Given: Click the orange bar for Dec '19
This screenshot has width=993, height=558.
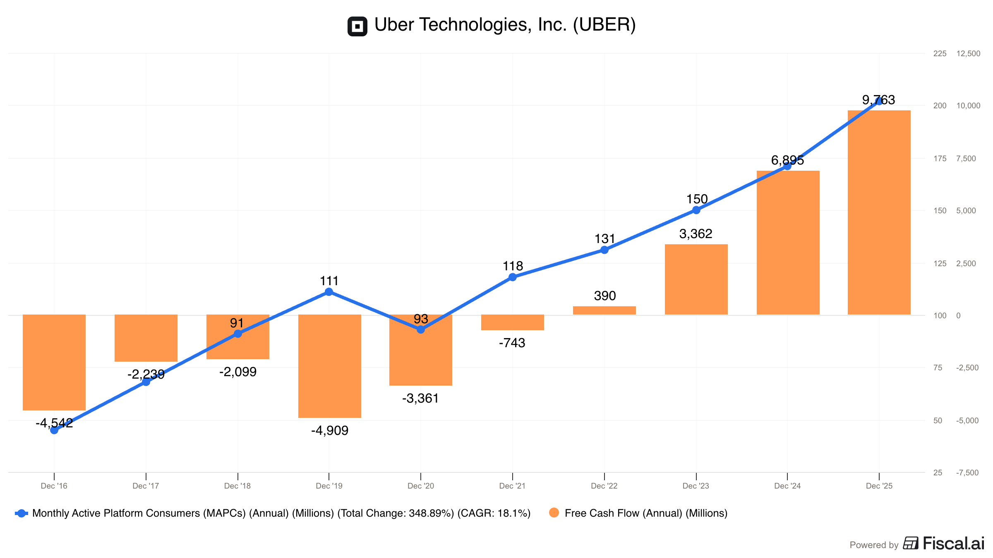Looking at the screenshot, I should (x=329, y=366).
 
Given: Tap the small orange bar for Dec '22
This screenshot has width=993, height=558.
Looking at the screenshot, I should (x=604, y=310).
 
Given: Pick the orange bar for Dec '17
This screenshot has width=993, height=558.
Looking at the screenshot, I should (x=146, y=338).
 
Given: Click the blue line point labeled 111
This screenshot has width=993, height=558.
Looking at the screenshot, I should (x=329, y=292).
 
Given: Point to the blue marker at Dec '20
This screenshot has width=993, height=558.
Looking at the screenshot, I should (x=421, y=329).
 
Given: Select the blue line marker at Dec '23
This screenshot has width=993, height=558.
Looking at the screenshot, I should (x=696, y=210).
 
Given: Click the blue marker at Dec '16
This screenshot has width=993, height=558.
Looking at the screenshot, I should (x=54, y=430).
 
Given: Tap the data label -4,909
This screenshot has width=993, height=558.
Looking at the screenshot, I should (x=330, y=431).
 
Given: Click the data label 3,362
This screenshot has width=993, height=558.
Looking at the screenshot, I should (x=696, y=234).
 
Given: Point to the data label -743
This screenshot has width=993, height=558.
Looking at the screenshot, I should (x=512, y=343).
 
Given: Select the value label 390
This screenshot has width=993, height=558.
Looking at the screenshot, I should (x=605, y=296).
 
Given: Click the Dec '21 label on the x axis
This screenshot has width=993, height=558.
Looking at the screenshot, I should (x=512, y=486).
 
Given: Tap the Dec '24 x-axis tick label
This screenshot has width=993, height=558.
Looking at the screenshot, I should (x=787, y=486).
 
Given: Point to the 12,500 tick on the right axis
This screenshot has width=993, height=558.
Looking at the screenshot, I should (x=968, y=54).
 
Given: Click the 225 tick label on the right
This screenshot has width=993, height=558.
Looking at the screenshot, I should (x=940, y=54).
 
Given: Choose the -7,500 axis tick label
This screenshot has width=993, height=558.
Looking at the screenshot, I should (x=967, y=473).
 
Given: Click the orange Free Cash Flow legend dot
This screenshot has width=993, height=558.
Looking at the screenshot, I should (x=554, y=513).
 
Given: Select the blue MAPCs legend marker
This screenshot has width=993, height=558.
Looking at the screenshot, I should (x=22, y=513).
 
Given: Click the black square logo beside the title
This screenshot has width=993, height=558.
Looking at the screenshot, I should (x=357, y=26).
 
